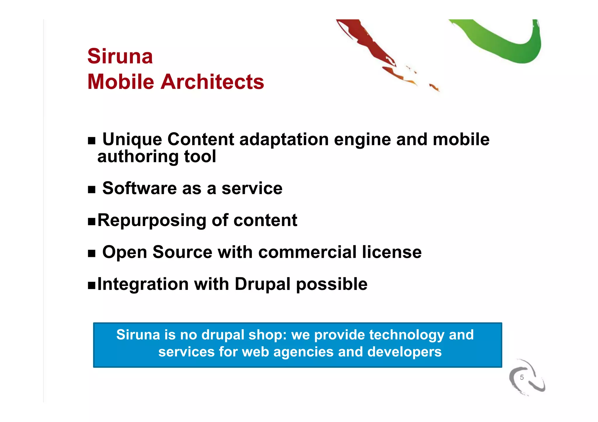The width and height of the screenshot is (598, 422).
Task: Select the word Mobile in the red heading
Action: [x=121, y=82]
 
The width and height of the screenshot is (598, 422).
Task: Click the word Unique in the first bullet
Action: [x=132, y=139]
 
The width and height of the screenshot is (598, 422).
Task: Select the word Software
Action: [x=139, y=188]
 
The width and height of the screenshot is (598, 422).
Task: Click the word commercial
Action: [x=307, y=252]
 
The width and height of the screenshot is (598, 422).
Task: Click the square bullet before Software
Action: [x=92, y=190]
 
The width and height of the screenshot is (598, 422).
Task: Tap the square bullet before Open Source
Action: [x=92, y=254]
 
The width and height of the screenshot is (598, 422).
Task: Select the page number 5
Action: [x=521, y=377]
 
